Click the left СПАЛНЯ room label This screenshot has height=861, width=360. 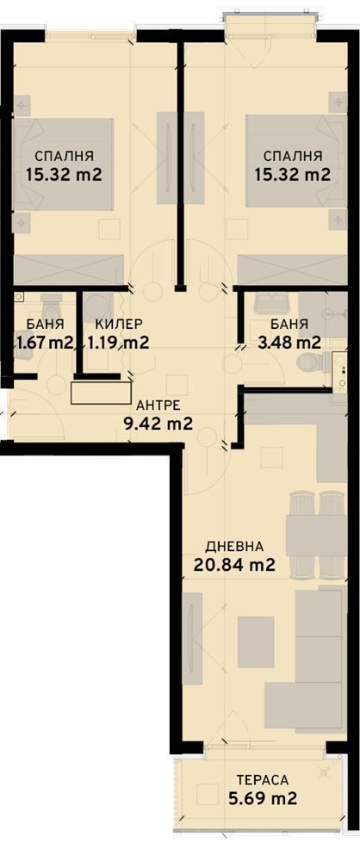tap(64, 156)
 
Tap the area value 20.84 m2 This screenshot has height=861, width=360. tap(234, 566)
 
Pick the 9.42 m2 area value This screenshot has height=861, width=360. tap(154, 423)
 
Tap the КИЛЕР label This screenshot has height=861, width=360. tap(120, 324)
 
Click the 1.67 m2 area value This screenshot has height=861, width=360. tap(44, 343)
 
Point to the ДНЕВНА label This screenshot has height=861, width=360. tap(233, 547)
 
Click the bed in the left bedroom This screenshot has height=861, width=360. tap(65, 164)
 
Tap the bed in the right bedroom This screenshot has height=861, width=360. tap(293, 164)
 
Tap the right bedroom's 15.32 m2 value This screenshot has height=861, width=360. tap(293, 175)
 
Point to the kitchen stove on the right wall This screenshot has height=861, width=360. tap(344, 375)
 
